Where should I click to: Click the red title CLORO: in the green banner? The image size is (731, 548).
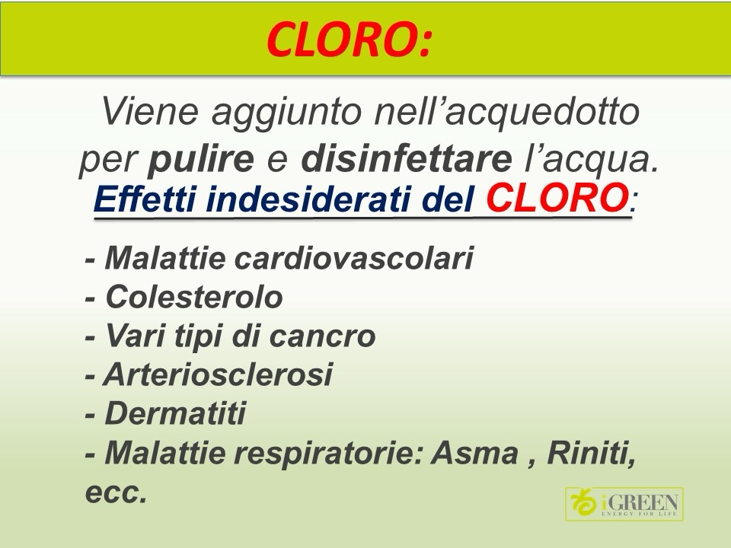tap(348, 40)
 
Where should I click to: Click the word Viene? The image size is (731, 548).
tap(150, 112)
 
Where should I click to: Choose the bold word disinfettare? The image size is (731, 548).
tap(407, 159)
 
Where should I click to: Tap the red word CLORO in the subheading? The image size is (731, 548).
tap(557, 198)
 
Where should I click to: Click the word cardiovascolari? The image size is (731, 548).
tap(354, 257)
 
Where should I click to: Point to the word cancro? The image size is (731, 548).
tap(323, 336)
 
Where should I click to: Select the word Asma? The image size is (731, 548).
tap(474, 452)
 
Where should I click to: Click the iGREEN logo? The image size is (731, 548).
tap(624, 504)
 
